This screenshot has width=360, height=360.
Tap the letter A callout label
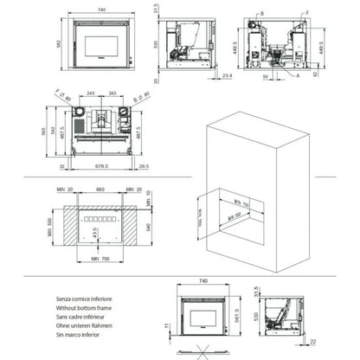click(x=299, y=75)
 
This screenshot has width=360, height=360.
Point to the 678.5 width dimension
click(x=100, y=165)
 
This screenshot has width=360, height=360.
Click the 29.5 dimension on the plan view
click(x=142, y=165)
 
